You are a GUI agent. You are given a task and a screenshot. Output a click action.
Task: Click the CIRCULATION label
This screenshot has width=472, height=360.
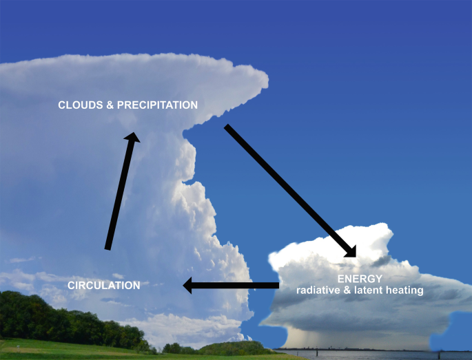pos(103,285)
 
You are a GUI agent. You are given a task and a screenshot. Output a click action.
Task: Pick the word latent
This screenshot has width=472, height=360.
pos(369,290)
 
